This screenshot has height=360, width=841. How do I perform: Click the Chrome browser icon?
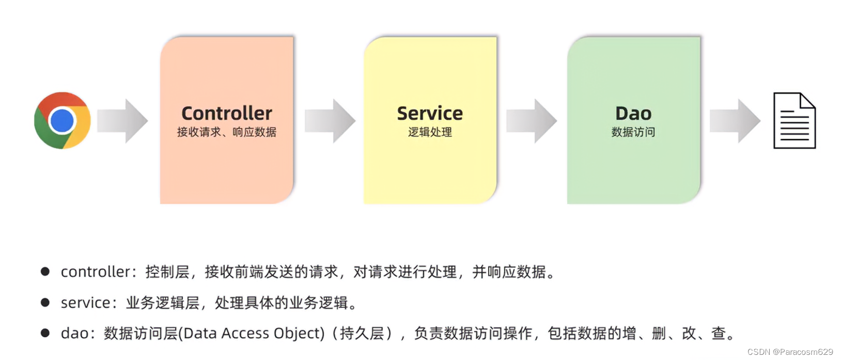[x=63, y=121]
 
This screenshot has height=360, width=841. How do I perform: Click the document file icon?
[x=794, y=121]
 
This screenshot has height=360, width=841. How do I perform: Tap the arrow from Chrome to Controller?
[x=123, y=121]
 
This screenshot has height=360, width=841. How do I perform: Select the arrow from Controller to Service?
[x=330, y=121]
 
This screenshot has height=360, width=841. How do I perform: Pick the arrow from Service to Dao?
[x=532, y=121]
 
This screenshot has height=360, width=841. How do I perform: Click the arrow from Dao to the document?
[x=735, y=121]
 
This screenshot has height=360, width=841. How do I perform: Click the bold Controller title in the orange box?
[x=227, y=113]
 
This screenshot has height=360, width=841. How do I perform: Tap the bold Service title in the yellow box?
[x=430, y=113]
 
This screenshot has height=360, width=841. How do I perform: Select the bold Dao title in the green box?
[x=633, y=113]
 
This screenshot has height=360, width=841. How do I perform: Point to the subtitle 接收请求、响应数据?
[x=227, y=132]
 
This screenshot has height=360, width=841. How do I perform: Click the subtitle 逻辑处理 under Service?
[x=430, y=132]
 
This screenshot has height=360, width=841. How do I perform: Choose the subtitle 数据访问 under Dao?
[x=633, y=132]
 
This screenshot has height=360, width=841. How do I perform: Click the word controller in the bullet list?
[x=95, y=272]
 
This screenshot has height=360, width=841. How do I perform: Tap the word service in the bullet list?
[x=85, y=303]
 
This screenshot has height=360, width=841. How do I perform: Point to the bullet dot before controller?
[x=45, y=272]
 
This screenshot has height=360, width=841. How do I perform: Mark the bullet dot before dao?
[x=45, y=333]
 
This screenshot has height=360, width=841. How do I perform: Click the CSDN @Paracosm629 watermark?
[x=790, y=352]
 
